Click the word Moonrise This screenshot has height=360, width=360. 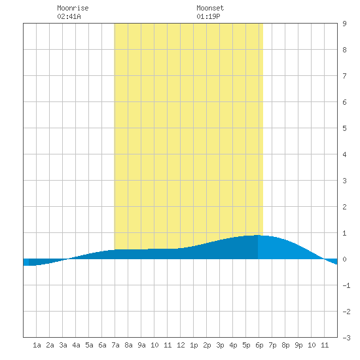click(x=73, y=8)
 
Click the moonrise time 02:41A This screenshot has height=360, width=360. click(x=69, y=16)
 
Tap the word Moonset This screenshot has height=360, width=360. click(x=210, y=8)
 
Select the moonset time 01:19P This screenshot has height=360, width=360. click(x=208, y=16)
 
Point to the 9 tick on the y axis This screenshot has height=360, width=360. click(x=344, y=24)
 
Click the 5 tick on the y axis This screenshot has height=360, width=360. click(x=344, y=128)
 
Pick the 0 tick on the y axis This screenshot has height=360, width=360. click(x=344, y=259)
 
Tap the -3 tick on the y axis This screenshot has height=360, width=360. click(x=346, y=338)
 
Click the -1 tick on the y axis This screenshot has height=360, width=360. click(x=346, y=285)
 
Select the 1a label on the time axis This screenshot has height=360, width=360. click(x=37, y=345)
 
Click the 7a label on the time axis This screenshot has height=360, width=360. click(x=115, y=345)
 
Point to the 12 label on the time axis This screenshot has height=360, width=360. click(x=181, y=345)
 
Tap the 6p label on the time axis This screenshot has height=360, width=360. click(x=259, y=345)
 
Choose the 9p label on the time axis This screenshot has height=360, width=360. click(x=298, y=345)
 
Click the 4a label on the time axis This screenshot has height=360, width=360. click(x=76, y=345)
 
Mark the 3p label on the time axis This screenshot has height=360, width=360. click(x=220, y=345)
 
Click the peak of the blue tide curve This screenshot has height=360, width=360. click(x=258, y=235)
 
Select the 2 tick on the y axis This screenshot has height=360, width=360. click(x=344, y=207)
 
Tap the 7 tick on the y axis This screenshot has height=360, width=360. click(x=344, y=76)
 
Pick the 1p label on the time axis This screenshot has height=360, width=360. click(x=194, y=345)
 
